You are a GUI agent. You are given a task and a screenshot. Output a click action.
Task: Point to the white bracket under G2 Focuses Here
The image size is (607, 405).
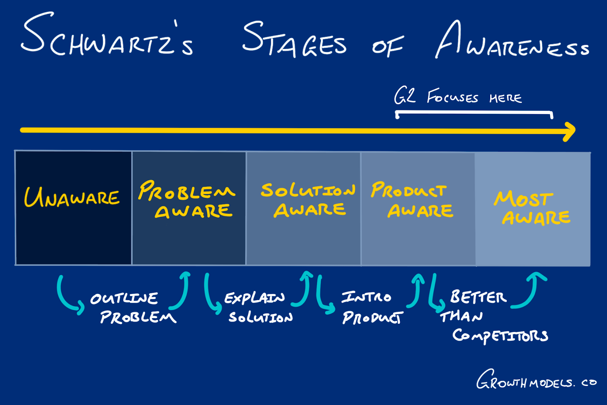pyautogui.click(x=474, y=113)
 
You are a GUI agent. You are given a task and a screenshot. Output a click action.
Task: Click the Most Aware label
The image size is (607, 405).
pyautogui.click(x=531, y=208)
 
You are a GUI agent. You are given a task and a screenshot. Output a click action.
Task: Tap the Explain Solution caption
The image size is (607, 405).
pyautogui.click(x=258, y=307)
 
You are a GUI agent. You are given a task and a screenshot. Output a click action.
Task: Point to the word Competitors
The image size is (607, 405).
pyautogui.click(x=500, y=336)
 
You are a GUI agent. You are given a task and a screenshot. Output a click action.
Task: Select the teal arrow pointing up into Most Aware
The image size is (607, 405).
pyautogui.click(x=531, y=290)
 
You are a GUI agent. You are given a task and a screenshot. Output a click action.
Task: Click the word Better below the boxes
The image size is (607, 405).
pyautogui.click(x=478, y=297)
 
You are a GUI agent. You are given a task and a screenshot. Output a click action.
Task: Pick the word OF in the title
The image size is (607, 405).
pyautogui.click(x=387, y=46)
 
